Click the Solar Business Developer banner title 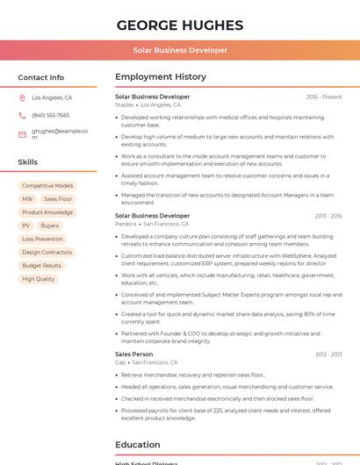180,50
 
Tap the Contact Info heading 41,77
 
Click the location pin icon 22,98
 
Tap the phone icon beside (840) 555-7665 22,115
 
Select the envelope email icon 22,134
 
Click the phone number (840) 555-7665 51,115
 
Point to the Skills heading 28,162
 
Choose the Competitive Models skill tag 47,186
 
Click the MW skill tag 27,199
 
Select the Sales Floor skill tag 58,199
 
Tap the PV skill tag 26,225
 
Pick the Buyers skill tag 50,225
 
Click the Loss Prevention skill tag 42,239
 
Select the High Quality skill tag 39,279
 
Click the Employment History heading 160,77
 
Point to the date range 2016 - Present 324,97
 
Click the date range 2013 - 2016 328,216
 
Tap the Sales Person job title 133,354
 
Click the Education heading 138,444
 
